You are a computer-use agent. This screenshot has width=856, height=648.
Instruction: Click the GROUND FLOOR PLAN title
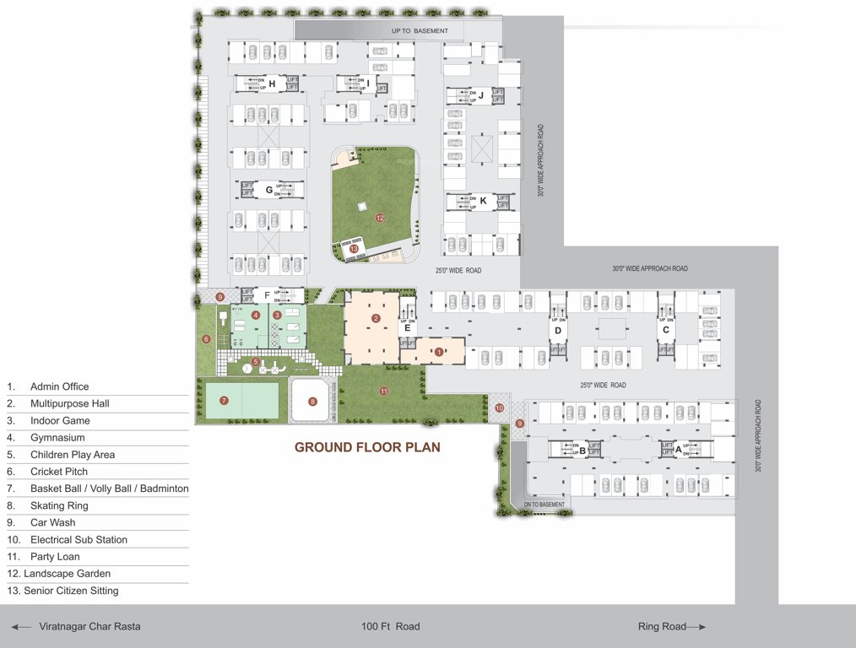point(367,447)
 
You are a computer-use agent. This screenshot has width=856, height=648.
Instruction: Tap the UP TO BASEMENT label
point(420,31)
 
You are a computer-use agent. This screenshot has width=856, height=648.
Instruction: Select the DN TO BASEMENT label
point(544,505)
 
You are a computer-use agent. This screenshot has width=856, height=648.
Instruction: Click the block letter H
point(272,83)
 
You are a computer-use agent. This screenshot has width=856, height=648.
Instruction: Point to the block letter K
point(483,201)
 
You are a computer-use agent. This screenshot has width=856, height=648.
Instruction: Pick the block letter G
point(269,190)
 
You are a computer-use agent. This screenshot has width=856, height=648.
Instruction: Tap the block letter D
point(558,330)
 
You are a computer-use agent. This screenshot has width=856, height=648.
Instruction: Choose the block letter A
point(678,450)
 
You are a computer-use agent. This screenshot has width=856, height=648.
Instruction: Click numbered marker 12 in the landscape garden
point(380,218)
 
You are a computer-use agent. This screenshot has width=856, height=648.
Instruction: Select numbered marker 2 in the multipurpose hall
point(377,318)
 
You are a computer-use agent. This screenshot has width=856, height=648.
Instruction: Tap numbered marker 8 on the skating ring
point(312,402)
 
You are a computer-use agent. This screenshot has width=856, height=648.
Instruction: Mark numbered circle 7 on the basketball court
point(224,400)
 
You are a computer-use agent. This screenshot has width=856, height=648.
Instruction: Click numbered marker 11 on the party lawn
point(383,391)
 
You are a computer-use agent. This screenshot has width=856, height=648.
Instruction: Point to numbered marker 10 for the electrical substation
point(499,408)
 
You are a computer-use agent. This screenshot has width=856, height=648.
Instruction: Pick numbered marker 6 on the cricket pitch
point(206,339)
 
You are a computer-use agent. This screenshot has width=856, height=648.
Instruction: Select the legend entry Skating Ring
point(59,505)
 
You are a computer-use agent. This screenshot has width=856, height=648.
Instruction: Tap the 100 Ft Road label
point(390,626)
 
